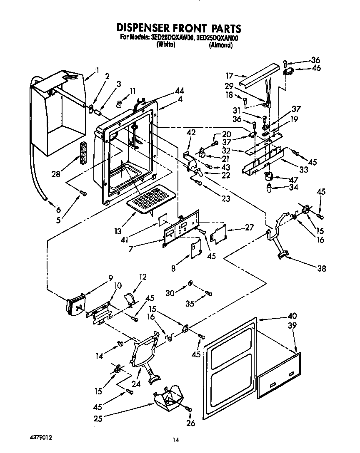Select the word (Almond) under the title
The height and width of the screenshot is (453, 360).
(220, 45)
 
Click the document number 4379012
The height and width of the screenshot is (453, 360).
(41, 438)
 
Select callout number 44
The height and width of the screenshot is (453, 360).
(180, 90)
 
